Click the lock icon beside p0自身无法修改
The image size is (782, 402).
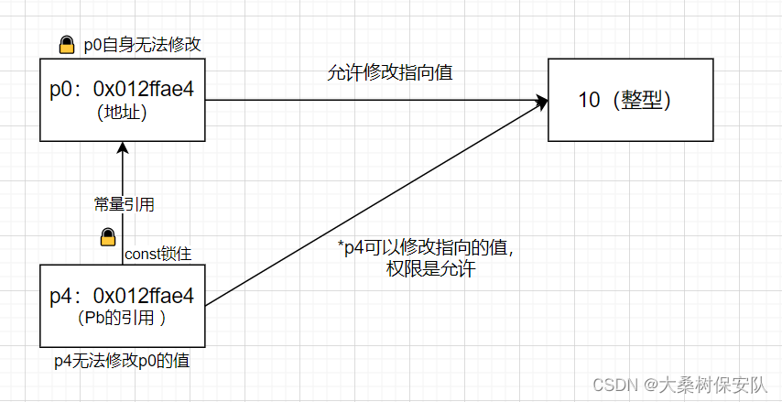(67, 44)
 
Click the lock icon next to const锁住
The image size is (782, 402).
(107, 238)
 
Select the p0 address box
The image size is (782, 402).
(122, 101)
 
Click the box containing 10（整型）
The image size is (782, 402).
(629, 100)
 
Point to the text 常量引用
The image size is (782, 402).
(118, 204)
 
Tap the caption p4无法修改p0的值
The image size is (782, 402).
(122, 362)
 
